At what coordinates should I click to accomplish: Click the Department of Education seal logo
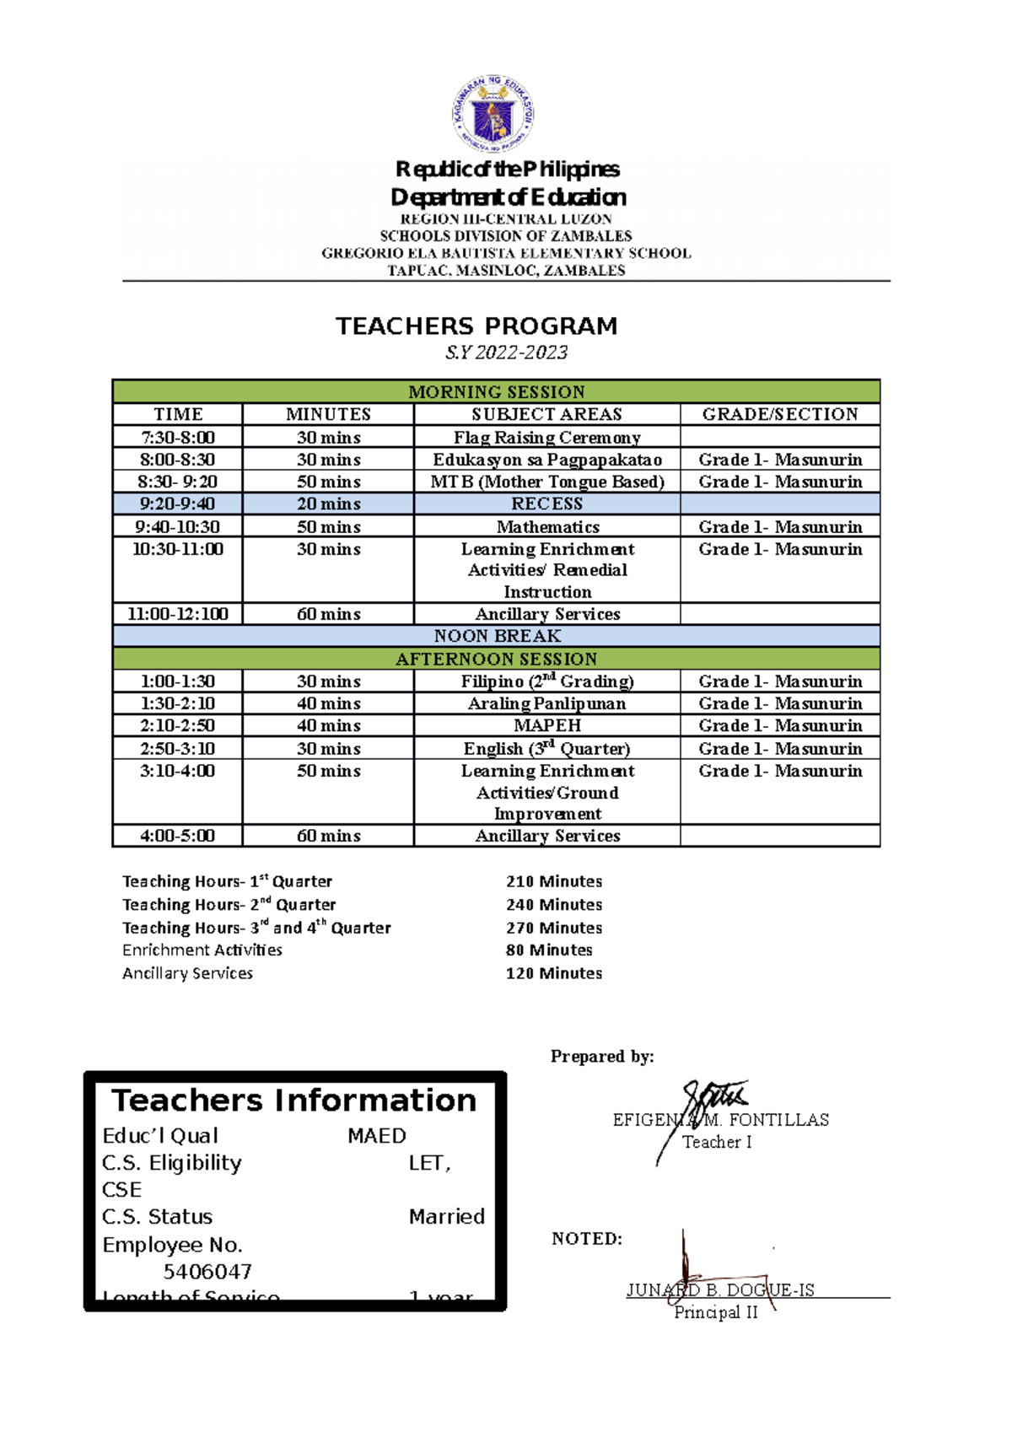point(493,113)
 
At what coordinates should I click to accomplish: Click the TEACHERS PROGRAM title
point(476,326)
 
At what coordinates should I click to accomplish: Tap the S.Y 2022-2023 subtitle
point(506,353)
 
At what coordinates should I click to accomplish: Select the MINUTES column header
point(328,414)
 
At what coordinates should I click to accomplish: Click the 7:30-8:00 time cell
point(178,437)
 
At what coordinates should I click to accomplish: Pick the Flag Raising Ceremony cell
point(546,437)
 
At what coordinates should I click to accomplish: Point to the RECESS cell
point(546,503)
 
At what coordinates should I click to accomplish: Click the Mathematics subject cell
point(547,526)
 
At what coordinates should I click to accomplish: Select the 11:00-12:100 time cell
point(178,614)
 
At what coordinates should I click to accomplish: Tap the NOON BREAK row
point(497,636)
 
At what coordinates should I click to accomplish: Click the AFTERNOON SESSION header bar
point(497,659)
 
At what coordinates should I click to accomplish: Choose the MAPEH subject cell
point(546,725)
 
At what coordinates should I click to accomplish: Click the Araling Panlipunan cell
point(546,703)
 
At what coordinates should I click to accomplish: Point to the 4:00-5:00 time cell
point(178,836)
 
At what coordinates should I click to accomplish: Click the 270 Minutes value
point(554,928)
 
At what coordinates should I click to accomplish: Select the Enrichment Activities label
point(202,950)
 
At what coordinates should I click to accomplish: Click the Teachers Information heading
point(294,1101)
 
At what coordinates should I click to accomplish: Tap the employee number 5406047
point(207,1271)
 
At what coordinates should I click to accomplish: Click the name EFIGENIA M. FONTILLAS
point(720,1120)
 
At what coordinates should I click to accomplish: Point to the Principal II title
point(716,1312)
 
